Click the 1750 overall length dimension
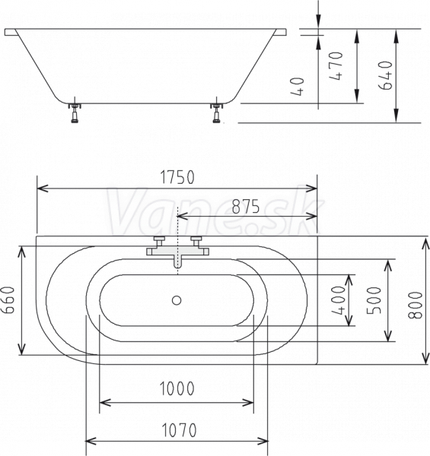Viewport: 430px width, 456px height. click(x=177, y=177)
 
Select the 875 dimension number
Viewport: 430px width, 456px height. click(x=246, y=207)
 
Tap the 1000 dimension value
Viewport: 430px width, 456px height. click(x=177, y=388)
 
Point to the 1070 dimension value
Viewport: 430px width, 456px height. click(x=179, y=430)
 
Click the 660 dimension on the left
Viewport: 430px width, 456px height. click(x=8, y=300)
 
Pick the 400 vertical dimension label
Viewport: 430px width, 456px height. click(x=339, y=300)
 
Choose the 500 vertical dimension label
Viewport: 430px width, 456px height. click(x=374, y=300)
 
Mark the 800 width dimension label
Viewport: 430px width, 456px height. click(x=415, y=305)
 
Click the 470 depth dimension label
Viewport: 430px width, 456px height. click(x=336, y=65)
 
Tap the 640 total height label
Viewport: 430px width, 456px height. click(x=385, y=75)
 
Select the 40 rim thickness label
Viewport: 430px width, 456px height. click(x=298, y=87)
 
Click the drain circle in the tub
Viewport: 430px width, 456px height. click(x=177, y=300)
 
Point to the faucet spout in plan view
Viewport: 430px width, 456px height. click(x=177, y=261)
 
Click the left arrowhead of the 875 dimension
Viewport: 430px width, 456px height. click(x=181, y=216)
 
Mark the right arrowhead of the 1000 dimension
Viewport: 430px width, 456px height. click(x=249, y=403)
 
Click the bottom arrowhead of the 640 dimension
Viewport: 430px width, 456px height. click(x=396, y=116)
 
